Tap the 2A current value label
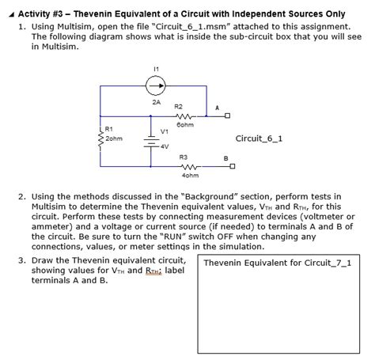(156, 102)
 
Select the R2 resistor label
(178, 106)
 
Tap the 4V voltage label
(164, 146)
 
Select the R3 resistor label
(183, 157)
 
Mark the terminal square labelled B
(233, 166)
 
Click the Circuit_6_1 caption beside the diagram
(259, 138)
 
